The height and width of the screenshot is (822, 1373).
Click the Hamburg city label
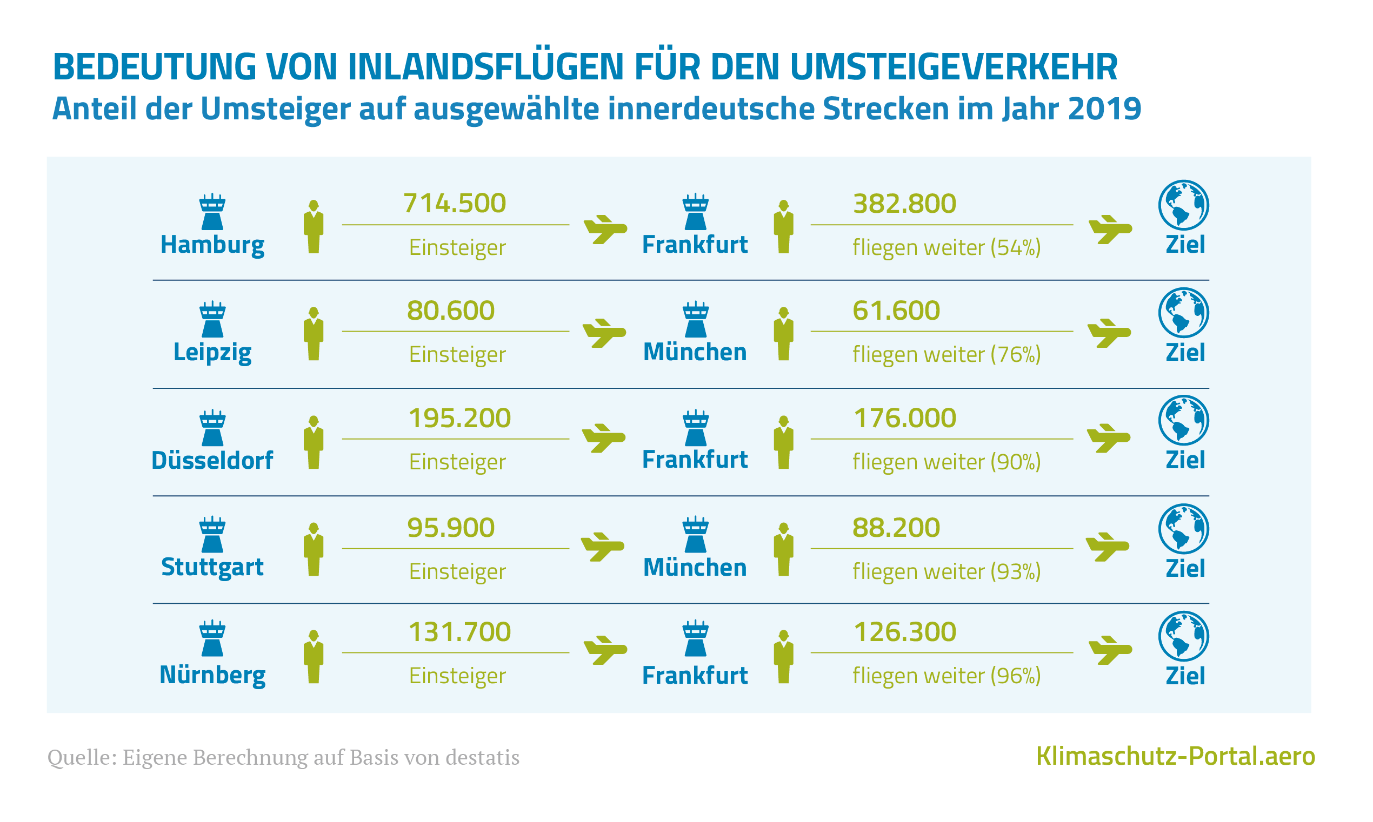click(x=212, y=245)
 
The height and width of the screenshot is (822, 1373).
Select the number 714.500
click(x=455, y=203)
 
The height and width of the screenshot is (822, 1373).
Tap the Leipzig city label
click(x=212, y=352)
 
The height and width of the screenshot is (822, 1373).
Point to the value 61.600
click(x=896, y=310)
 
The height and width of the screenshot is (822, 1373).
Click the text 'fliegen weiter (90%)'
click(x=946, y=462)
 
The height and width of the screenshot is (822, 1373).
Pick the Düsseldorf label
click(x=212, y=460)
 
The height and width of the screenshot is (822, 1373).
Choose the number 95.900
click(x=451, y=527)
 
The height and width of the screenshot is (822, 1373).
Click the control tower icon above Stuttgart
click(x=212, y=535)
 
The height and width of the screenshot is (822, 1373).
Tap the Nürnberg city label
click(x=212, y=675)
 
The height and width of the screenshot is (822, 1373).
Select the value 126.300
click(x=905, y=632)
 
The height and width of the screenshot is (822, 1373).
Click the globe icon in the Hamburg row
click(x=1183, y=205)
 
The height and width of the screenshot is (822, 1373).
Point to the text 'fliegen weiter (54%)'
click(x=946, y=247)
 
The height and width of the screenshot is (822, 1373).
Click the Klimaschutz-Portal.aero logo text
click(x=1175, y=757)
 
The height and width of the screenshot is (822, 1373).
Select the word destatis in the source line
click(x=482, y=757)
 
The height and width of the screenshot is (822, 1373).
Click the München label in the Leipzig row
click(x=695, y=352)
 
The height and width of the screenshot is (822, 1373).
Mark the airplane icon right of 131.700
click(x=605, y=649)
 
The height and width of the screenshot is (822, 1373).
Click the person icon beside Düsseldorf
click(x=314, y=442)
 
